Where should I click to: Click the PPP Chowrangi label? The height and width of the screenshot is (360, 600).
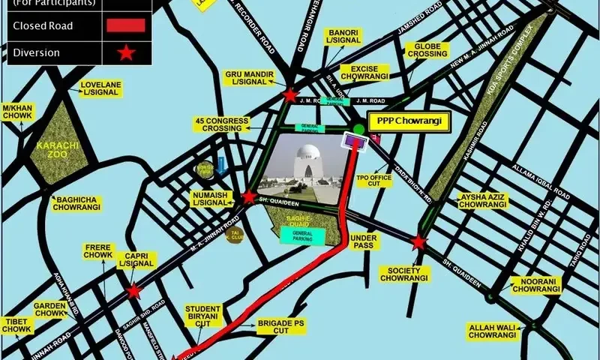coord(408,121)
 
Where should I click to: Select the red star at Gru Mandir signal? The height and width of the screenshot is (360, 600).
coord(290,95)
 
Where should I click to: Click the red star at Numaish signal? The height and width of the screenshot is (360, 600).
coord(249,197)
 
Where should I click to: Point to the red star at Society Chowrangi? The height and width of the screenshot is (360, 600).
coord(418,242)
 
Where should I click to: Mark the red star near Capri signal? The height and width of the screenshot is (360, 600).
coord(133,291)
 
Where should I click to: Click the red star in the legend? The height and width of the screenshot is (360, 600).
coord(126,52)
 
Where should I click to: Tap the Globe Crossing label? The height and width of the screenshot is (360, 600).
coord(427,51)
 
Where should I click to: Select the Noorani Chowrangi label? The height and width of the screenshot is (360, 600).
coord(536,285)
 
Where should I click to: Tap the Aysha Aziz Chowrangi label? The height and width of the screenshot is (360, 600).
coord(482,200)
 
